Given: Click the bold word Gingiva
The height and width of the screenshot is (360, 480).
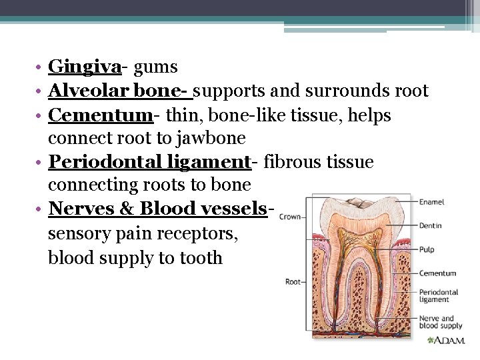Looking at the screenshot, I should coord(85,67).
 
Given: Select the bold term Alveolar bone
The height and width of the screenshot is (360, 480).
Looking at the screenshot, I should coord(118,91).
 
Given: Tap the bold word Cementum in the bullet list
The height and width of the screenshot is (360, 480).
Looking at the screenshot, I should coord(101,115).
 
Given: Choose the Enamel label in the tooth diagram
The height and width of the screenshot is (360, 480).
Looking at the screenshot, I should coord(431,202).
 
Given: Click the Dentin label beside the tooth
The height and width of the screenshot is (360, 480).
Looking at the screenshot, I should coord(430,226).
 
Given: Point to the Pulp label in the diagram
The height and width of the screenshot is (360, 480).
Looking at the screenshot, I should coord(427,250).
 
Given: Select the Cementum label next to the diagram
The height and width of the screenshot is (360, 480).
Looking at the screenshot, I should coord(437,273).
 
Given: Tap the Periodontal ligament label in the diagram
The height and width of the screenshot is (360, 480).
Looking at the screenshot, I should coord(438,295).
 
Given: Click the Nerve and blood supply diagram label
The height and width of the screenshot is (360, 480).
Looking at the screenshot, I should coord(440,322).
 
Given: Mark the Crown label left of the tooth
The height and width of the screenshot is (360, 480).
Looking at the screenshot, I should coord(289,217).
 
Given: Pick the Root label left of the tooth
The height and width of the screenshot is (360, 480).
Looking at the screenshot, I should coord(293,282).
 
